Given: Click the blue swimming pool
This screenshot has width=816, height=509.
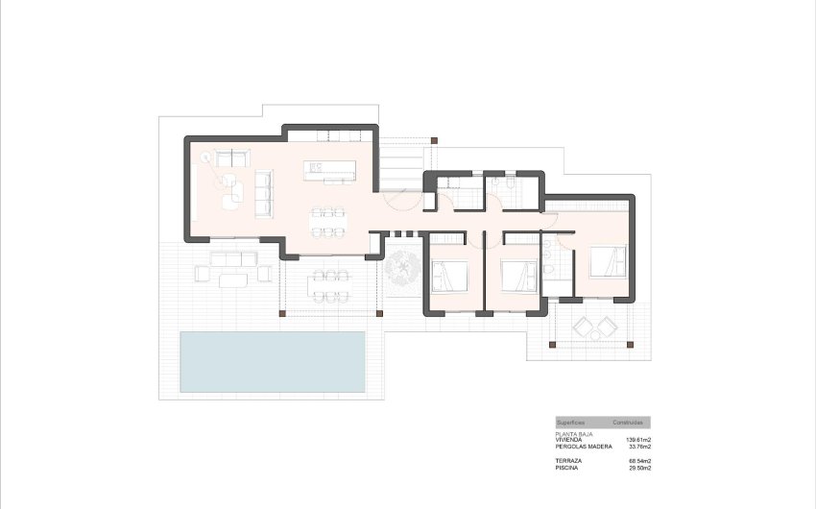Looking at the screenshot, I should point(273,361).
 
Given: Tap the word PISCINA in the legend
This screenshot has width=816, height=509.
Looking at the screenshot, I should point(567,469).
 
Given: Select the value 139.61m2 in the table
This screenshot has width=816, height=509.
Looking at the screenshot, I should point(637,440).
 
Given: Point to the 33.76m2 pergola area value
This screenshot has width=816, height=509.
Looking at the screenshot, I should point(639,447).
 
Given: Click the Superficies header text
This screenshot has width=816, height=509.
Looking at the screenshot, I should point(571,423).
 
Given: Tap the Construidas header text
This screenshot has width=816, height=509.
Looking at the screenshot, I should point(628,423).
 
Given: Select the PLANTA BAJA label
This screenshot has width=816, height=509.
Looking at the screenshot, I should point(574,434).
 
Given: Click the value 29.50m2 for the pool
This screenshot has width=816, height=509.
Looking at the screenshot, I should point(639,469).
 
